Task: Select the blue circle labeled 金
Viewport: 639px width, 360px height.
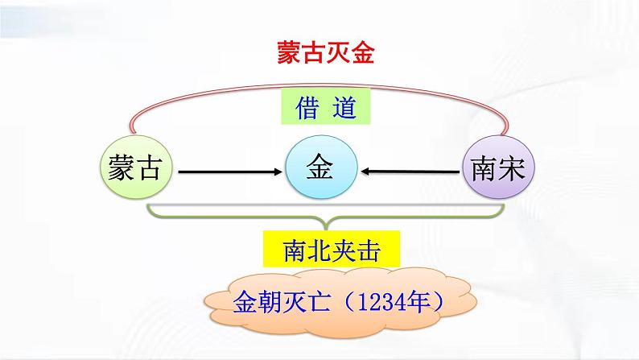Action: pos(320,170)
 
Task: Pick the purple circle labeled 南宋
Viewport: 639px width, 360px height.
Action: pos(498,170)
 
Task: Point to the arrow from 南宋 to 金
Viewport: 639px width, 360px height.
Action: pos(409,171)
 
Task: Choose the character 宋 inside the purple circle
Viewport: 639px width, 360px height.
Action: pos(513,170)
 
